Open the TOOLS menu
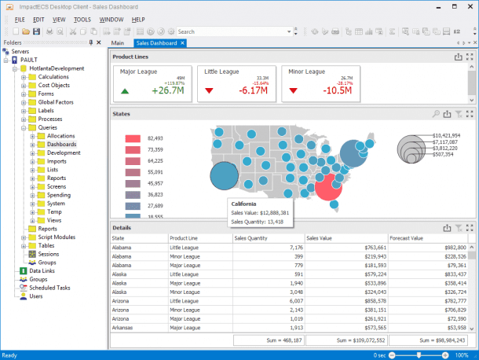click(x=82, y=18)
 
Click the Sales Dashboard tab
click(x=157, y=42)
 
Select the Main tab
click(x=119, y=42)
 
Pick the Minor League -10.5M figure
click(x=336, y=90)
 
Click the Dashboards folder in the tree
click(x=61, y=145)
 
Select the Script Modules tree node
click(x=57, y=237)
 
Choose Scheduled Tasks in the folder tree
click(x=49, y=288)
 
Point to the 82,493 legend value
click(x=155, y=138)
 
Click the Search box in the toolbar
click(x=232, y=31)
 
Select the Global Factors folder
click(x=57, y=102)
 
